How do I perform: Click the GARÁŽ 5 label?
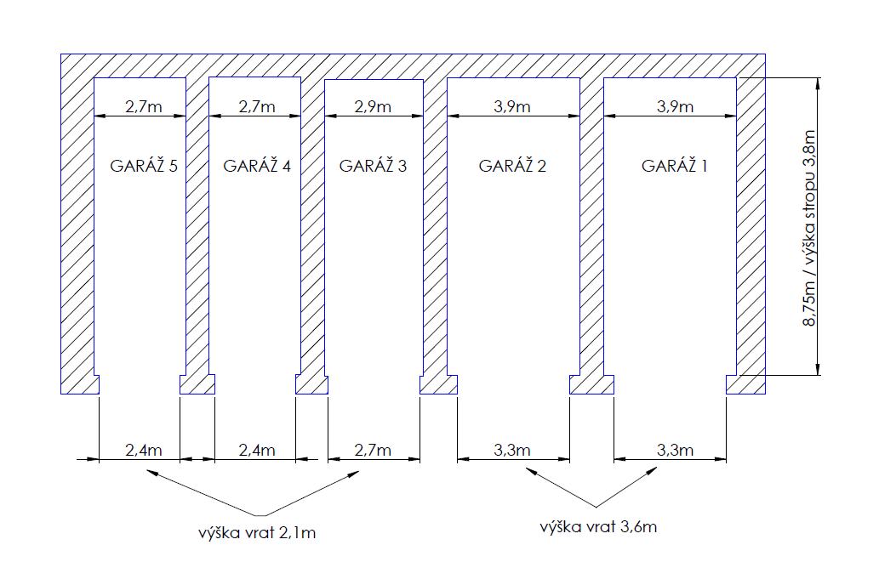point(144,166)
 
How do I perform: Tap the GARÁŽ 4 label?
point(257,166)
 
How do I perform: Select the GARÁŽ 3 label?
point(373,166)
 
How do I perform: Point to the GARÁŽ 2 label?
point(512,166)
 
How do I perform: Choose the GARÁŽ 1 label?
point(675,166)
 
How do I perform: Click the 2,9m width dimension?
point(373,106)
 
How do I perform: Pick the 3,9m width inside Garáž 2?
point(512,106)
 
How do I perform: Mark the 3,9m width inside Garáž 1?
point(675,106)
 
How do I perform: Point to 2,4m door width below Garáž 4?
point(256,450)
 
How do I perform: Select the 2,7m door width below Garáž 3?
point(373,450)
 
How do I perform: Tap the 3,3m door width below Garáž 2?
point(512,450)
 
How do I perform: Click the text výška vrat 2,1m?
point(257,534)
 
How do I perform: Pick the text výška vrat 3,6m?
point(598,526)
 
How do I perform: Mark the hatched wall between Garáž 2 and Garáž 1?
point(592,230)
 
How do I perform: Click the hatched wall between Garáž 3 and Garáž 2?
point(436,230)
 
